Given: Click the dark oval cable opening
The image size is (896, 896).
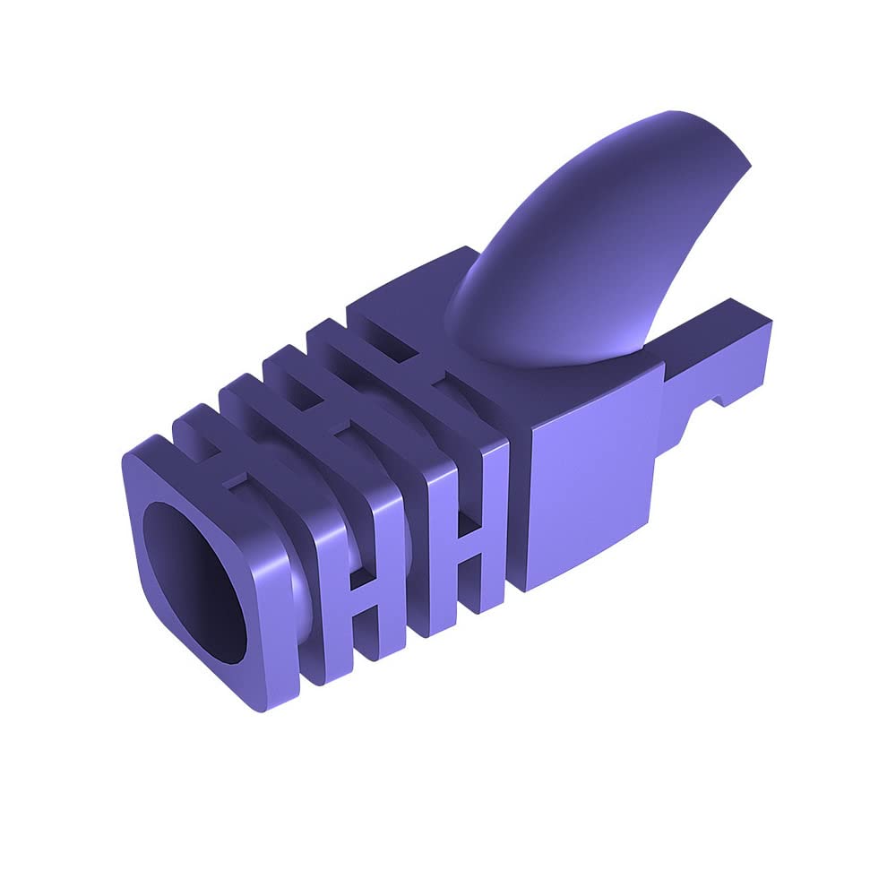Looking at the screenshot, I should pos(195,582).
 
